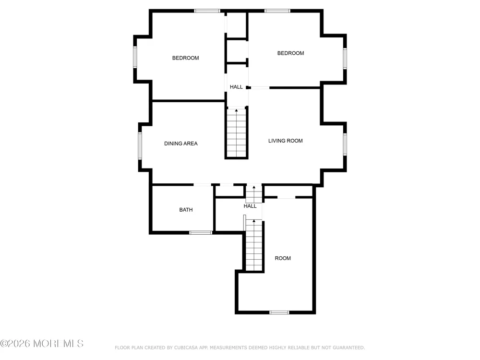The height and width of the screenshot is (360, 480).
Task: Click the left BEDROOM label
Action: (x=185, y=58)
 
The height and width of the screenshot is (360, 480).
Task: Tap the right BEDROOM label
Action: (x=290, y=53)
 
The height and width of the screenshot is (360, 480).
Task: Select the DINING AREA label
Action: (x=181, y=144)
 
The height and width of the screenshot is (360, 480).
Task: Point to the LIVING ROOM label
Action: (x=285, y=141)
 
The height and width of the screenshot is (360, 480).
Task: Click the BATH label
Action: (x=186, y=210)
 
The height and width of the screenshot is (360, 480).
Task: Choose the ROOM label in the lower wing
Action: (x=283, y=258)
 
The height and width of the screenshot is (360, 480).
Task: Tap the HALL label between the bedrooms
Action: (x=236, y=87)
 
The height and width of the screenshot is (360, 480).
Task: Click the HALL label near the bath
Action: (x=250, y=206)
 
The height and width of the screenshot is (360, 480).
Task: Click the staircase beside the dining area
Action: (x=236, y=133)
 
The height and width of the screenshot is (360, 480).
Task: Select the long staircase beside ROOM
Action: (x=254, y=245)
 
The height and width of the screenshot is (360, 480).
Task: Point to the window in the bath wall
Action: (x=201, y=233)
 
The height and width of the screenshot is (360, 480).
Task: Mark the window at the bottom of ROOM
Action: (x=279, y=312)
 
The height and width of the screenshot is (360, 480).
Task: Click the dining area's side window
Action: (x=140, y=146)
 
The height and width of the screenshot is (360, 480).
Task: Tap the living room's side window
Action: (x=345, y=144)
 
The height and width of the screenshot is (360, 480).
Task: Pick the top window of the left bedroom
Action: (x=207, y=11)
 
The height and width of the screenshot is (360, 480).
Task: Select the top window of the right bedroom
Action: (x=277, y=11)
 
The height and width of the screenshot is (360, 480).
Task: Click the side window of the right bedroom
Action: (x=345, y=59)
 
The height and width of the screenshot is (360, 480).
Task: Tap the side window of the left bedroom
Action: (x=135, y=57)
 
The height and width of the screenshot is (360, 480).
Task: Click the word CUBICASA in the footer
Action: (x=186, y=348)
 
